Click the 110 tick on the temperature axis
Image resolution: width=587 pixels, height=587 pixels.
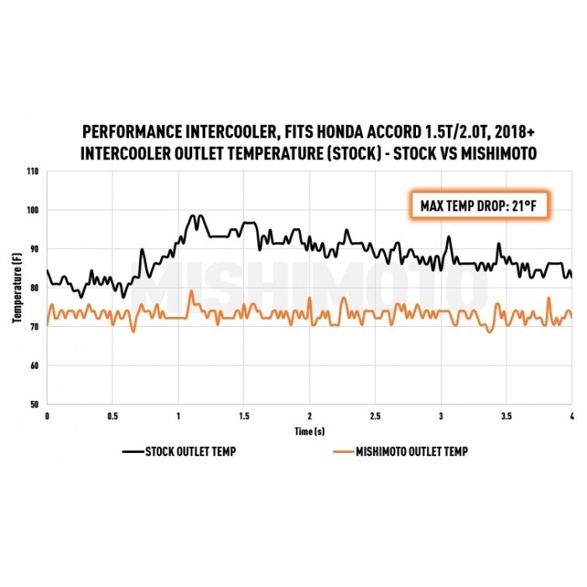point(34,171)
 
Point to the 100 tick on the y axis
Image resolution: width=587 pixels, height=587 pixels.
point(34,210)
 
